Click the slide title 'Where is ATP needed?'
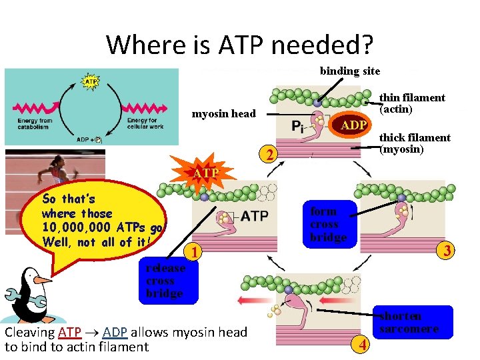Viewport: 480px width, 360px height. [240, 45]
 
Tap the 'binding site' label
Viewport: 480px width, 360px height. [350, 71]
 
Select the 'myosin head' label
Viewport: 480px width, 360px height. [223, 114]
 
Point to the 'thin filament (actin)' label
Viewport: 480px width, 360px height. [412, 103]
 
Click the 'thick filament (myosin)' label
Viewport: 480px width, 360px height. [415, 143]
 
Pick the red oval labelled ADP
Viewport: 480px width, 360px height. [353, 126]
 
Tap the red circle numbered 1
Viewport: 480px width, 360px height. [193, 252]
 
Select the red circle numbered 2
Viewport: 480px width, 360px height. [268, 155]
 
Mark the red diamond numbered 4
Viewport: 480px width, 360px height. [361, 344]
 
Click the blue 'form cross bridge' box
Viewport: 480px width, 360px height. [328, 224]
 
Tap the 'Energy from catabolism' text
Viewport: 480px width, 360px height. [35, 123]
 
